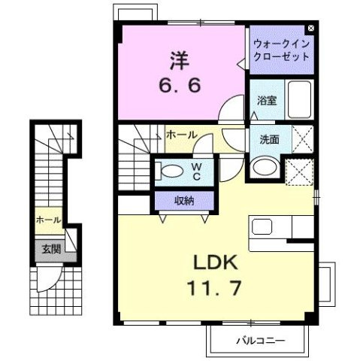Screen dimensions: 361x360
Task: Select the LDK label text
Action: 217,263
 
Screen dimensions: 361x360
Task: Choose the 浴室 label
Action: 266,99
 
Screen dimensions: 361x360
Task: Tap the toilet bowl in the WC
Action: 171,169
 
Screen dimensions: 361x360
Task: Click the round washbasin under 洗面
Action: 263,166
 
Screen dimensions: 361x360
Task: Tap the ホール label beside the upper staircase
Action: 181,135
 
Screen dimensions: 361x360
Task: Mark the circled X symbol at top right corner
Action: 311,30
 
